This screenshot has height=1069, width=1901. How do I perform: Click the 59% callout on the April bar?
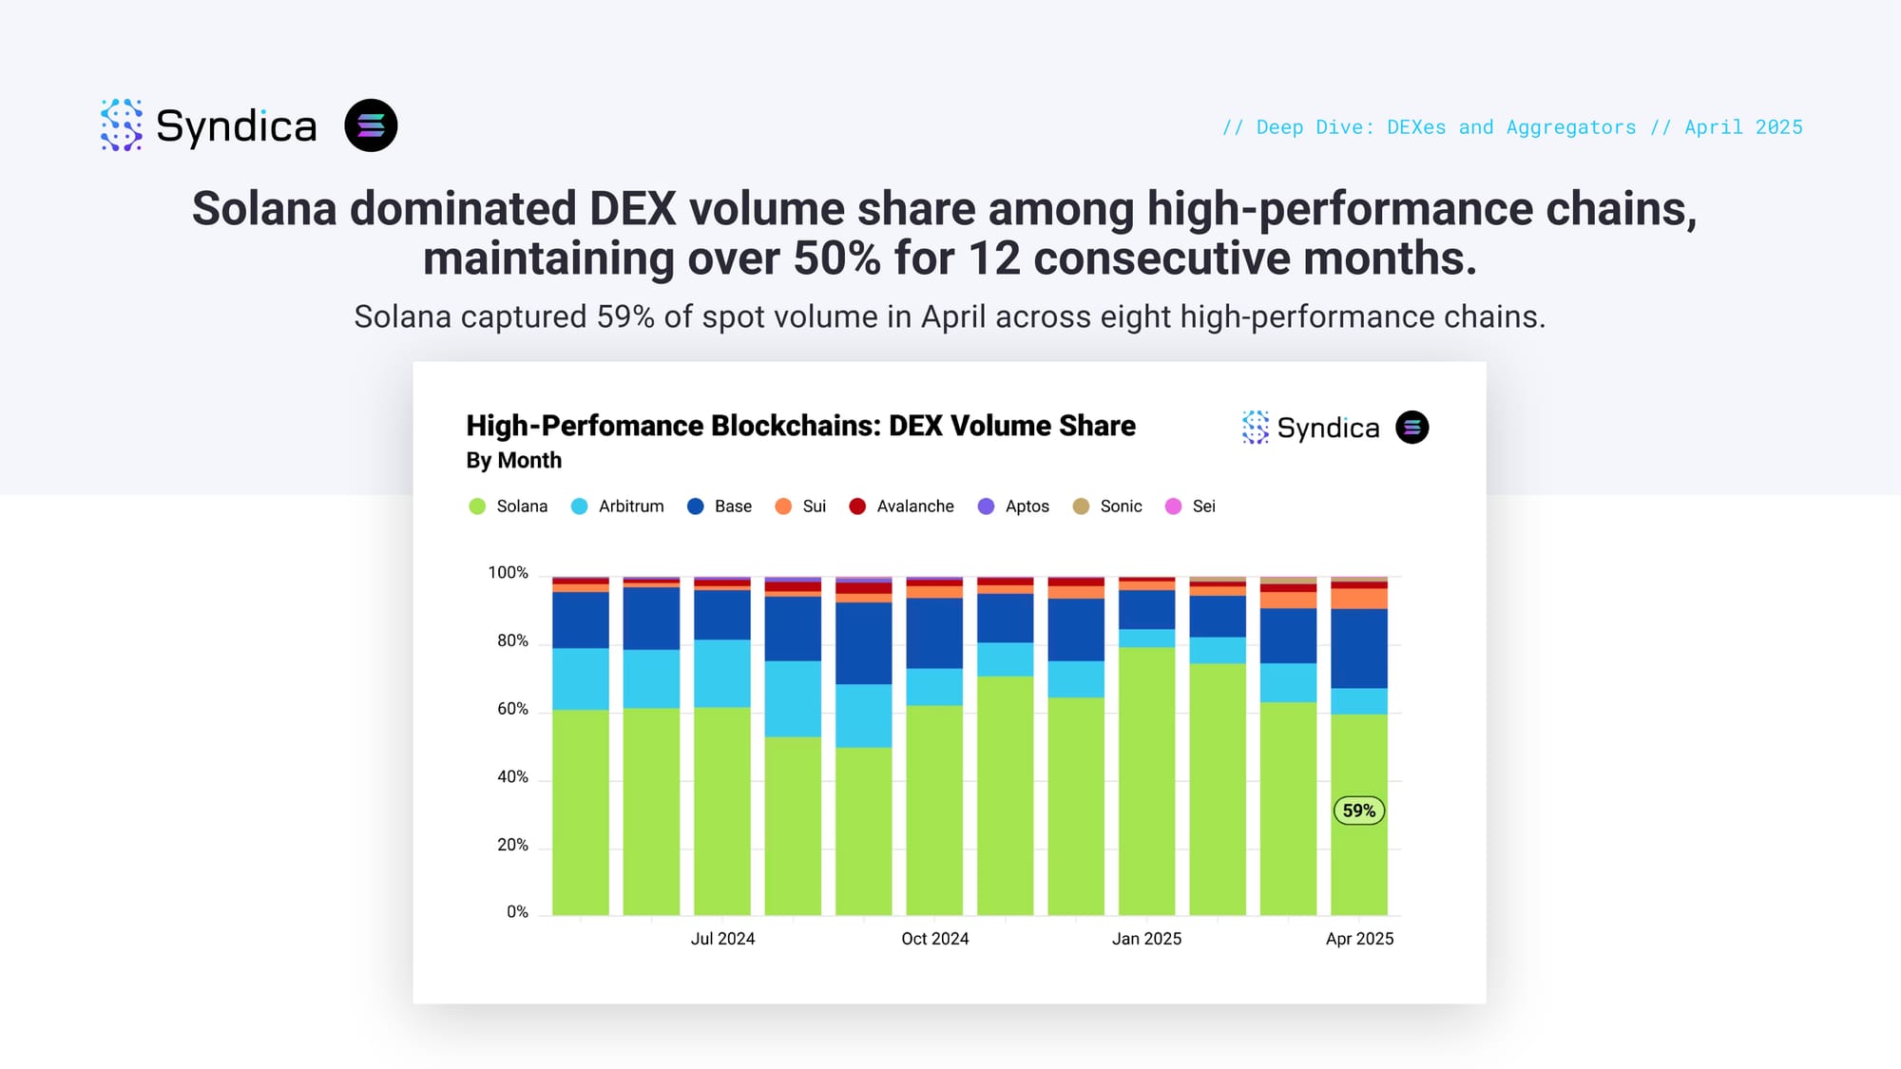1358,811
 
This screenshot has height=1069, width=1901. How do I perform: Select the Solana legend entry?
509,506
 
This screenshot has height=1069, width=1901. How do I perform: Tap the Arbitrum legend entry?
617,506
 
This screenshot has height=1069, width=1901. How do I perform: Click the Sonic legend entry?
1107,506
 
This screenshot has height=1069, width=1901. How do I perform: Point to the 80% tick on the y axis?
512,641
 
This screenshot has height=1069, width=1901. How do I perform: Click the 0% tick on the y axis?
517,912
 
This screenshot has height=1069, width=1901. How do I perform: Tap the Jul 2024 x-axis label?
722,939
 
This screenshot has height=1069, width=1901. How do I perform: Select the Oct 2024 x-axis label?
934,939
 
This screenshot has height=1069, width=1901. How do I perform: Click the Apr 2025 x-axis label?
1359,939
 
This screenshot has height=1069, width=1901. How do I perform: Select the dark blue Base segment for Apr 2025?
1358,648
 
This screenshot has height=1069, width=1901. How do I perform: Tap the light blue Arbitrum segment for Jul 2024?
722,673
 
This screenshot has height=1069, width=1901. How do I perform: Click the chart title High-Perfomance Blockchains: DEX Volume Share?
800,426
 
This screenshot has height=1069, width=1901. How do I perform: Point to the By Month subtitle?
513,461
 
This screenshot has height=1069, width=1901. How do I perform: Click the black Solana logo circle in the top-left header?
371,125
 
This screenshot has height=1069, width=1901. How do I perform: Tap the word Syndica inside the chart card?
1328,429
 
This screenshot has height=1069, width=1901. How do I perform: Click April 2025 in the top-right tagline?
1743,127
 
